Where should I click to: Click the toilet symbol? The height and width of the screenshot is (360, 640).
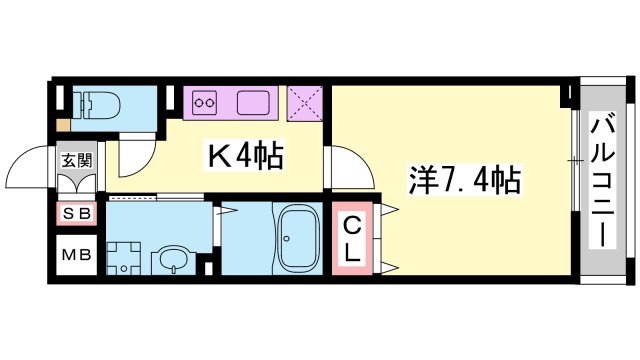[97, 105]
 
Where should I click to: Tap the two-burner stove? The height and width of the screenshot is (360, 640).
[205, 102]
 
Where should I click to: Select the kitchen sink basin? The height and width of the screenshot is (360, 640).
[253, 102]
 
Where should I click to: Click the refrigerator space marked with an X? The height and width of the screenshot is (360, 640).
[305, 103]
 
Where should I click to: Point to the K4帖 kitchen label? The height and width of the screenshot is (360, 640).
[245, 156]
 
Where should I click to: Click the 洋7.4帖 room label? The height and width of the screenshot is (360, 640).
[464, 180]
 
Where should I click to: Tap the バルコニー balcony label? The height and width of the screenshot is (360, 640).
[602, 182]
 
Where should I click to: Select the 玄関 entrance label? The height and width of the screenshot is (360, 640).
[76, 160]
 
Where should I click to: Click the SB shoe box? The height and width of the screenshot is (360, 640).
[76, 213]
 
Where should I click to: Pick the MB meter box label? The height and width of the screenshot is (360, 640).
[76, 255]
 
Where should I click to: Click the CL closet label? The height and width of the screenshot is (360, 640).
[351, 240]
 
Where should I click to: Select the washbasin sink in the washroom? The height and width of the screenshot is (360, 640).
[174, 260]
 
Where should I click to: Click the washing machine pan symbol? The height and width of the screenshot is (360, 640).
[124, 258]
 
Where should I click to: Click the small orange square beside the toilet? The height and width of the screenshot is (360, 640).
[63, 125]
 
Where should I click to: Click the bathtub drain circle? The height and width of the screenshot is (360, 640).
[287, 238]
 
